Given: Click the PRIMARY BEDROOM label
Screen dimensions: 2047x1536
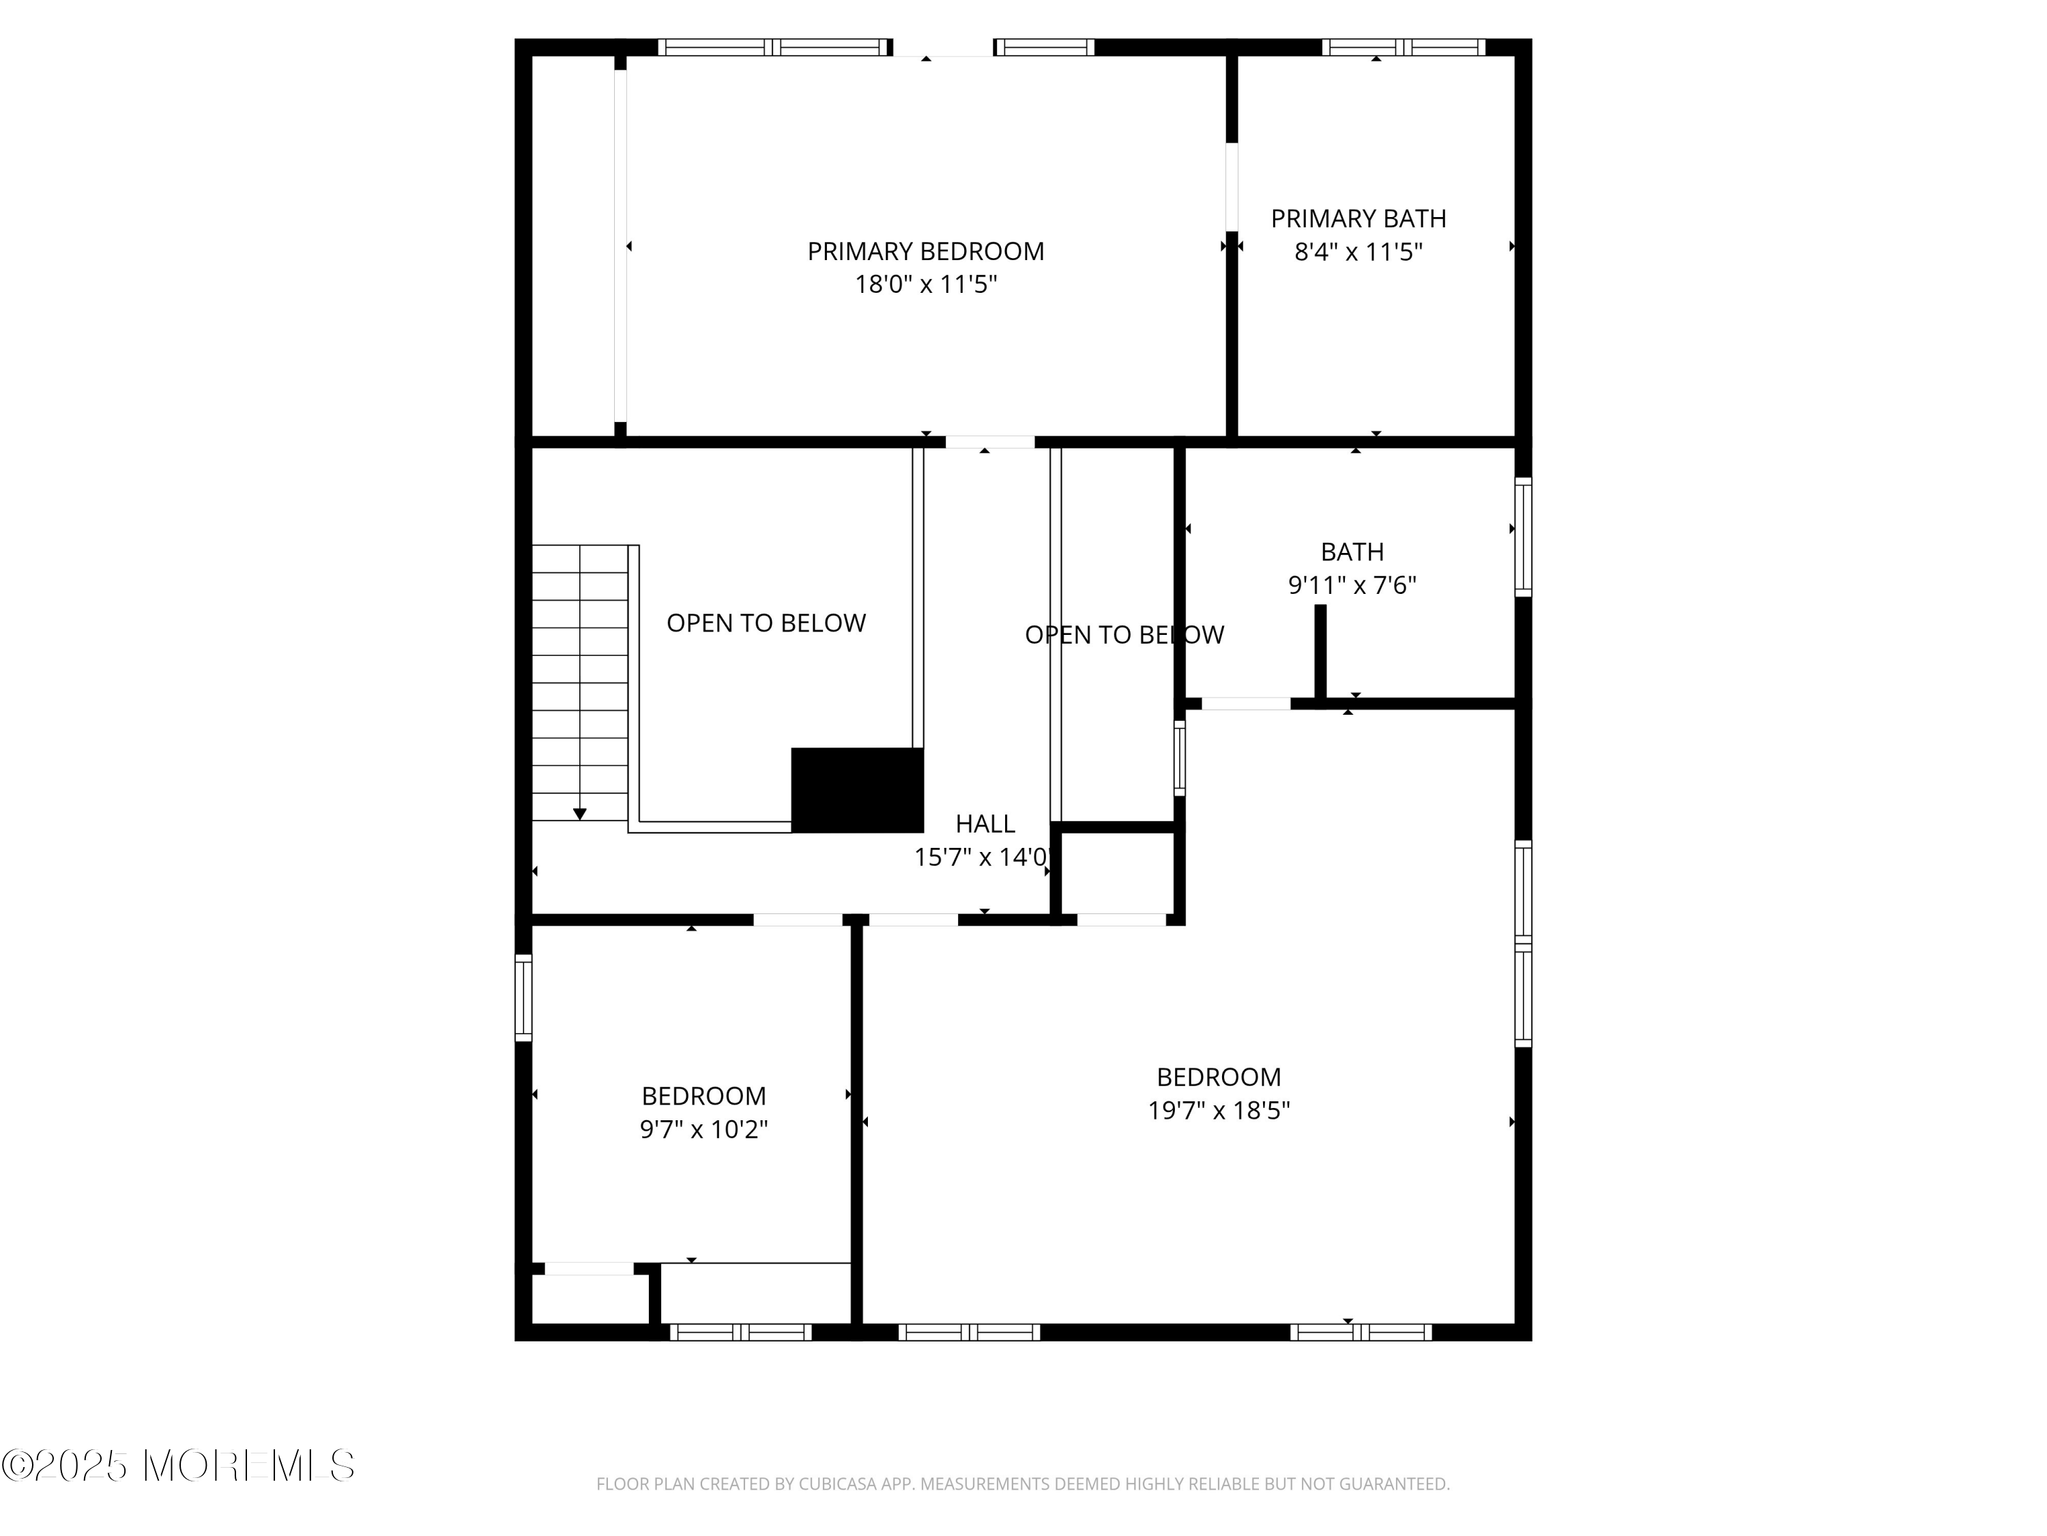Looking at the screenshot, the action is point(925,251).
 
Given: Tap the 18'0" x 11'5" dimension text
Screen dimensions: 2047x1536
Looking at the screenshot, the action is point(925,284).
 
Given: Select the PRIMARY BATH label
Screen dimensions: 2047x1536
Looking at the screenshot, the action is point(1358,218).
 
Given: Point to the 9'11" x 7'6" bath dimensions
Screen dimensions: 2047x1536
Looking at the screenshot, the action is point(1352,585).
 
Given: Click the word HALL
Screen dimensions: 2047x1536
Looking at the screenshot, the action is point(985,823).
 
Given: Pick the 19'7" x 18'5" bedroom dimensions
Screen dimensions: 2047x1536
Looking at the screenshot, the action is point(1219,1110).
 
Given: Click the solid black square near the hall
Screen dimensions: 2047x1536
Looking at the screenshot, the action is point(857,790).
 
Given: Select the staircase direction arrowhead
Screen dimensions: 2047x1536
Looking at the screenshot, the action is point(579,814).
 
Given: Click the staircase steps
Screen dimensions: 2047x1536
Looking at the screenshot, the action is point(580,683).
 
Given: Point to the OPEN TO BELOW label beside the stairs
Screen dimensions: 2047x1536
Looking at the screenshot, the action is point(766,623).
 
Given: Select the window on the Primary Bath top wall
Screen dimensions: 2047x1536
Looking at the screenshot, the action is point(1403,47).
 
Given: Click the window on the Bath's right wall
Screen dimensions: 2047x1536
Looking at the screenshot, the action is point(1522,537).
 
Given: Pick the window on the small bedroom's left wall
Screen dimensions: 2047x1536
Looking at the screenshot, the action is point(524,998).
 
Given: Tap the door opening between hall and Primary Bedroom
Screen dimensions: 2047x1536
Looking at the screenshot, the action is point(989,442).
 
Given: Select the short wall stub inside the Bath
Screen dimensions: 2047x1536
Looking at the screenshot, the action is point(1320,653).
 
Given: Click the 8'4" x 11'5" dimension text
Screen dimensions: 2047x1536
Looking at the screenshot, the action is point(1358,252).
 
